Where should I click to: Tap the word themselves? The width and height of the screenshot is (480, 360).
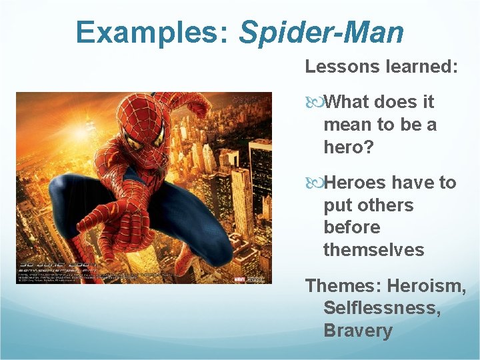pyautogui.click(x=373, y=250)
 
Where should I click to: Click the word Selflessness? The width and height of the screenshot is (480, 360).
pyautogui.click(x=381, y=308)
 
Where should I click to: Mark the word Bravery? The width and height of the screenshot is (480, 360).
pyautogui.click(x=357, y=331)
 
